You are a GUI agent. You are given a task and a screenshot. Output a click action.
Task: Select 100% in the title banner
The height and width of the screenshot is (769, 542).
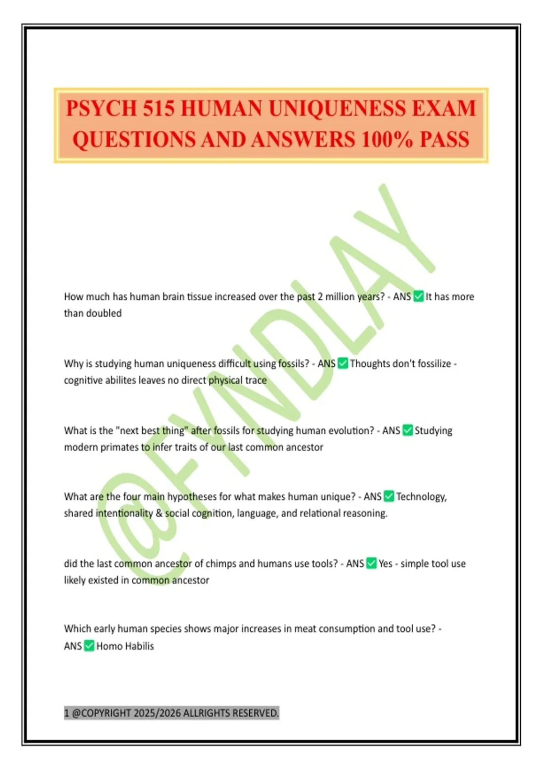(x=387, y=139)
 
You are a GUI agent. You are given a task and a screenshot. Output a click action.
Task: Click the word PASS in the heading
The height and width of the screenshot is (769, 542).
(x=444, y=139)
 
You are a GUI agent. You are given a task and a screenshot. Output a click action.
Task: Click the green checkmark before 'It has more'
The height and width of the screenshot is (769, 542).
(x=419, y=297)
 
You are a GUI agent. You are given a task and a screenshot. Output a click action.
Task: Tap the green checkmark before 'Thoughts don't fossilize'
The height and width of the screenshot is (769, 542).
(x=343, y=364)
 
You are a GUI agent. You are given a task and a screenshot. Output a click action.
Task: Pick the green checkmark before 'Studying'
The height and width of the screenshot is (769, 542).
(x=408, y=430)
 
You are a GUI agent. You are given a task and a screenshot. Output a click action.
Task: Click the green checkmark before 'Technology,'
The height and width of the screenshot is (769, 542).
(x=389, y=497)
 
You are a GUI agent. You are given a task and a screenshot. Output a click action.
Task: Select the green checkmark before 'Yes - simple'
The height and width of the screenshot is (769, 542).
(x=371, y=564)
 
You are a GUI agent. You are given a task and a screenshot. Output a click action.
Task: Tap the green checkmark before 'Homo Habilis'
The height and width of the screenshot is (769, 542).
(x=89, y=646)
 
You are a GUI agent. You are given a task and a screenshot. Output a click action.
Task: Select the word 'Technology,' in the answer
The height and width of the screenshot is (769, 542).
(x=421, y=497)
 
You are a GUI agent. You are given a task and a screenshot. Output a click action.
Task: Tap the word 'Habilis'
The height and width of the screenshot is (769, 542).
(x=140, y=646)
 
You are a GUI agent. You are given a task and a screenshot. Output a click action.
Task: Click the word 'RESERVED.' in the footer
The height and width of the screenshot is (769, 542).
(x=256, y=713)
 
